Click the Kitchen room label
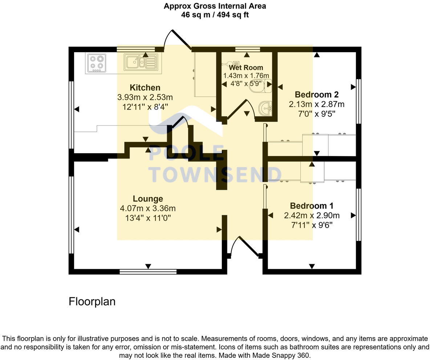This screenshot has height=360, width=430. (145, 87)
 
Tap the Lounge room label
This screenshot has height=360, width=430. (148, 199)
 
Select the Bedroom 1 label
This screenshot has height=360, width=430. (312, 206)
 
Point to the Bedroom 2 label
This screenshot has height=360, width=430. (317, 95)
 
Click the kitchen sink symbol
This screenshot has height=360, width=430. (140, 62)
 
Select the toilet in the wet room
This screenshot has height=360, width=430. (267, 85)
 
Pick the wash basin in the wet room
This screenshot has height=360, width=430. (265, 108)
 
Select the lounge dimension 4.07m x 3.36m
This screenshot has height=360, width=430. (148, 208)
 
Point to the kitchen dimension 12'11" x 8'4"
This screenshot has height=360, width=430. (145, 107)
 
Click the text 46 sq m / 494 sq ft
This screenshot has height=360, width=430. (215, 15)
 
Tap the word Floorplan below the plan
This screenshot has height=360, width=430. (92, 302)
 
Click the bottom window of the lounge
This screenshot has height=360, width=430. (148, 271)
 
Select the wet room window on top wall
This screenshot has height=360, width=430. (247, 49)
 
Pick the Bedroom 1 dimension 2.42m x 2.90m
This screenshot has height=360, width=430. (312, 216)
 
